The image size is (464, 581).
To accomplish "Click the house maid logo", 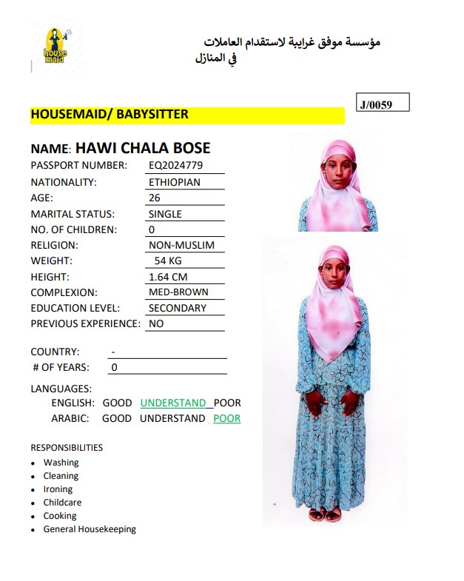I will pos(55,45).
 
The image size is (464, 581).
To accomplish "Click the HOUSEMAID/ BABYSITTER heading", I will pos(110,115).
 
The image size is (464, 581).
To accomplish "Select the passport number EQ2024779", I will pos(175,165).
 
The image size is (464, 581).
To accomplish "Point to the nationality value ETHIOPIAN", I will pos(175,182).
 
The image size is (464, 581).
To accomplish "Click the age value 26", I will pos(155,198).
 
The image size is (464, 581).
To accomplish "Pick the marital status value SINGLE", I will pos(165,214).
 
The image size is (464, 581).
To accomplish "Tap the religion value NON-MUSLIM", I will pos(181,245).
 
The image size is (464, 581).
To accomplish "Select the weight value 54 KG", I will pos(168,261).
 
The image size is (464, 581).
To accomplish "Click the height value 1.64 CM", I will pos(168,277).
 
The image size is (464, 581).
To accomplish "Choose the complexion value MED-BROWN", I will pos(178,292).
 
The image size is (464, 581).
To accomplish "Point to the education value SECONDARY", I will pos(178,308).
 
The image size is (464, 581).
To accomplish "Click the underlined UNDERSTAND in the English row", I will pos(173,403).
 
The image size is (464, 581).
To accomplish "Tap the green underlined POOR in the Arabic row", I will pos(226,418).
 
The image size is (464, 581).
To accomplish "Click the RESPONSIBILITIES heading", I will pos(67,448).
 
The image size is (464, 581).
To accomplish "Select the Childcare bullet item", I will pos(62,503).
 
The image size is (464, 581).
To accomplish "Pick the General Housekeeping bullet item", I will pos(90,529).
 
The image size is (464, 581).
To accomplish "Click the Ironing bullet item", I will pos(58,489).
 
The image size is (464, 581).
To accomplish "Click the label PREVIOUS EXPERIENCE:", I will pos(85,323).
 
